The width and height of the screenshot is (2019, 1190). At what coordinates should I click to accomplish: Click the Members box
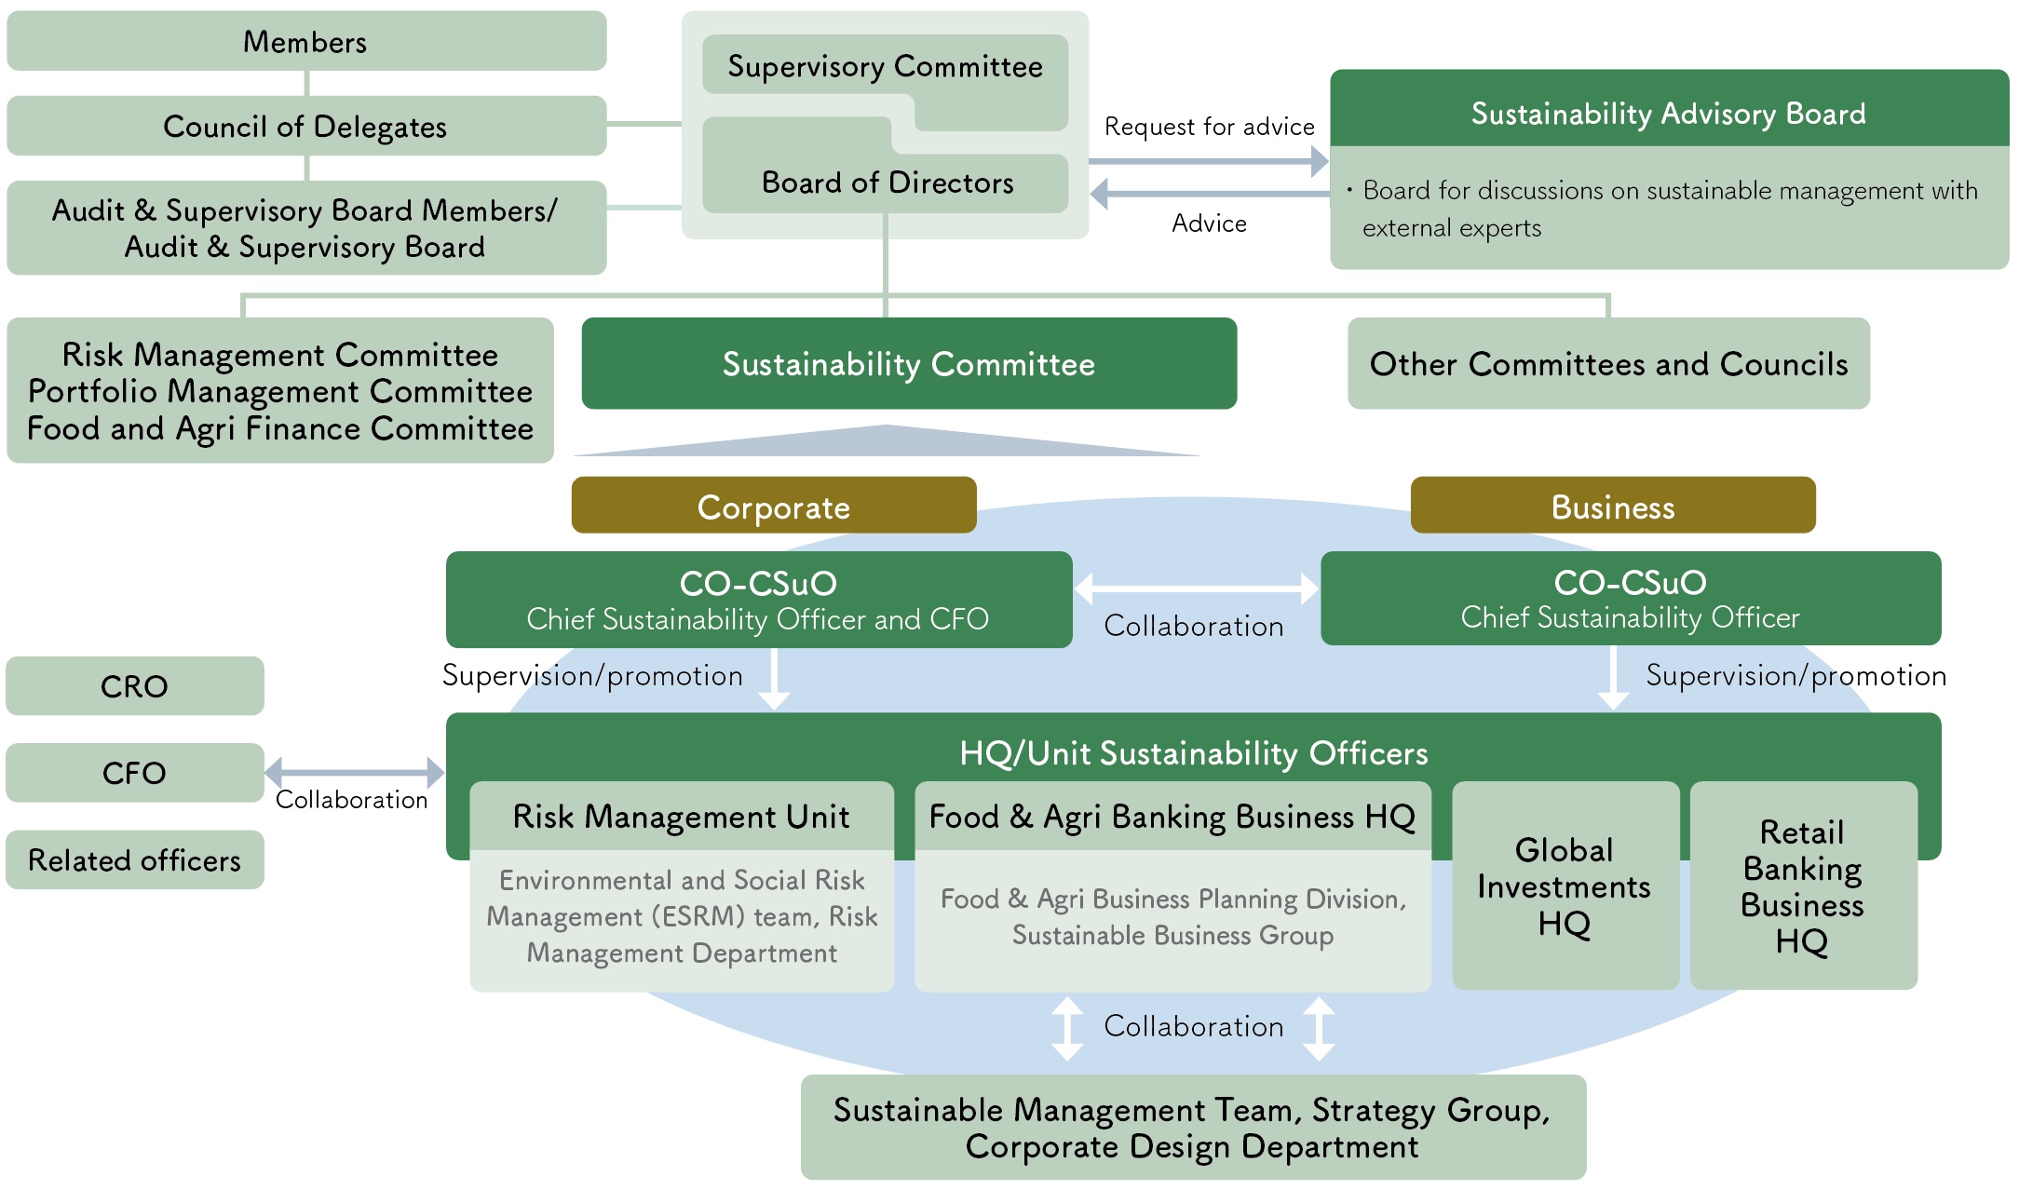click(305, 41)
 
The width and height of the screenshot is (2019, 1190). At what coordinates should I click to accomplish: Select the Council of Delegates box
click(305, 126)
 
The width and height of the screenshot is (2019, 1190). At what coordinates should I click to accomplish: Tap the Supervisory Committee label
click(885, 66)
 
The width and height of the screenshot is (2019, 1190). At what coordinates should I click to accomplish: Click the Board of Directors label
click(887, 183)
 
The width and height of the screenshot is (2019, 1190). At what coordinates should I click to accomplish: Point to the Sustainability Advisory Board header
click(1668, 113)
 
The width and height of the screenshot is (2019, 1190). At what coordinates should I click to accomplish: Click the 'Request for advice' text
click(1209, 127)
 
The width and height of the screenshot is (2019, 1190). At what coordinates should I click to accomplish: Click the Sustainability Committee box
click(908, 364)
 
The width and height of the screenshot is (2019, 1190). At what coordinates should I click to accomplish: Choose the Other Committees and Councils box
click(1608, 364)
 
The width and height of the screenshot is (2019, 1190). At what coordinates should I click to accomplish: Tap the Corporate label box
click(773, 507)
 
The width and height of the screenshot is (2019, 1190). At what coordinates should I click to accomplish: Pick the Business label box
click(1612, 507)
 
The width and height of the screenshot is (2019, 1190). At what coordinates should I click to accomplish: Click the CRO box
click(134, 686)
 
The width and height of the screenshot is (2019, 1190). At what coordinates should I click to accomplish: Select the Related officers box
click(134, 859)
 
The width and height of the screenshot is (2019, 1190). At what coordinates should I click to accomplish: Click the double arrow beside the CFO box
click(355, 772)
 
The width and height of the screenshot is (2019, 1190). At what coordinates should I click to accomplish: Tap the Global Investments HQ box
click(1565, 886)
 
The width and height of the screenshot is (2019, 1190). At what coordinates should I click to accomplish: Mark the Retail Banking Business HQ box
click(1803, 886)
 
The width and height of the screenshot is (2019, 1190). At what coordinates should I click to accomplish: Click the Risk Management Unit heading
click(681, 817)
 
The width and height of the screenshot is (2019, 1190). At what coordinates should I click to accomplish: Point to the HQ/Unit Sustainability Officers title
click(1193, 752)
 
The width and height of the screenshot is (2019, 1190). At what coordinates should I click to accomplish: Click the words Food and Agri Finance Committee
click(280, 428)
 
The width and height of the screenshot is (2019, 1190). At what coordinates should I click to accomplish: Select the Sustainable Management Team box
click(1192, 1128)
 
